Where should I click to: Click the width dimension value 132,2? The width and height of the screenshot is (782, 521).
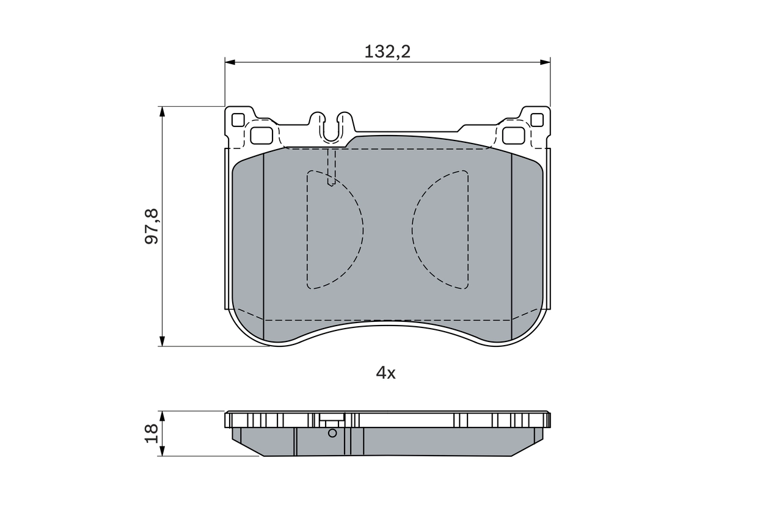click(387, 52)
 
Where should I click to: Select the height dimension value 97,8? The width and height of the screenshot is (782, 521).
click(152, 226)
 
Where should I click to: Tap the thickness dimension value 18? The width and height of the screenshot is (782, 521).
click(152, 434)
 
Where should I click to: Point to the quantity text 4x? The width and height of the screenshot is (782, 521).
click(386, 373)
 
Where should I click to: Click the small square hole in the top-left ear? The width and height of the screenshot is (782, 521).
click(238, 120)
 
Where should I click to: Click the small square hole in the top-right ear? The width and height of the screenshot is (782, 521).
click(537, 120)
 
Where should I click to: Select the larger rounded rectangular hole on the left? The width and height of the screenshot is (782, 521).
click(262, 135)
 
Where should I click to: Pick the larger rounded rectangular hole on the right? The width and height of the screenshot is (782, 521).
click(513, 135)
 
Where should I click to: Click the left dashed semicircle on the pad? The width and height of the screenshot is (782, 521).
click(333, 230)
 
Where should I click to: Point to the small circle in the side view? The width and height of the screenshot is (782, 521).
click(332, 433)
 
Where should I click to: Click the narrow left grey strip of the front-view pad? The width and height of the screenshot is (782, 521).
click(248, 244)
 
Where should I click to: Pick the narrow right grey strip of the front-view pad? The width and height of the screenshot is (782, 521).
click(526, 244)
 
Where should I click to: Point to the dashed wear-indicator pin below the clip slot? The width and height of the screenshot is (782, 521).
click(331, 167)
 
